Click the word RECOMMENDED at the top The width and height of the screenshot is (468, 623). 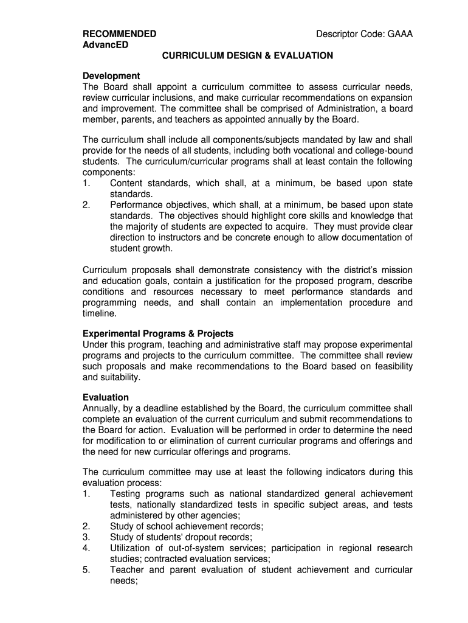[x=119, y=34]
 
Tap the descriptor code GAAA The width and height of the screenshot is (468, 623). [x=399, y=34]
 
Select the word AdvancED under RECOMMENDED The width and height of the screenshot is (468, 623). [x=105, y=45]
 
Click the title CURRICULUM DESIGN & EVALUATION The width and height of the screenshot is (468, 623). [x=247, y=55]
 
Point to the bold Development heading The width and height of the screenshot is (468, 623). [x=111, y=76]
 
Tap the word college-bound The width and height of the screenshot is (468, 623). [x=385, y=151]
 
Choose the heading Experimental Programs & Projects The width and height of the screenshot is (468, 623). [x=158, y=334]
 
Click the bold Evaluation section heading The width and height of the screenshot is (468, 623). [x=106, y=398]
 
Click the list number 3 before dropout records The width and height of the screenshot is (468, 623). [x=86, y=537]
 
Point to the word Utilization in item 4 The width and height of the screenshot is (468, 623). [x=134, y=548]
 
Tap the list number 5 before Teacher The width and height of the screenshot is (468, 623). [x=86, y=570]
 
